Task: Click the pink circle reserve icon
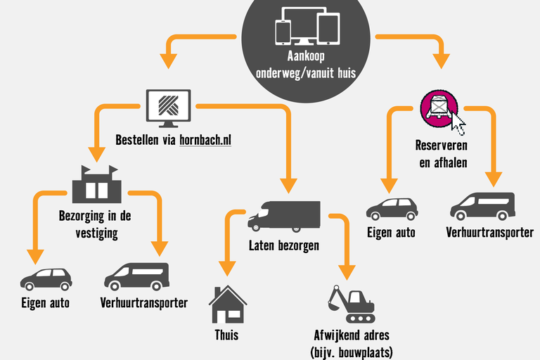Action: [438, 107]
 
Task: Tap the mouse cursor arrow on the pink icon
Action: [458, 124]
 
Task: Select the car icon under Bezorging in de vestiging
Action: [46, 278]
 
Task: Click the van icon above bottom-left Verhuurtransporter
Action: [137, 276]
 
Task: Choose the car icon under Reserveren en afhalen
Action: [392, 208]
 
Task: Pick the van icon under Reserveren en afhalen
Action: [482, 205]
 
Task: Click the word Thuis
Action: [226, 335]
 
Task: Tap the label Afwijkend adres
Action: [351, 335]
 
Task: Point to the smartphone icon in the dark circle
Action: [283, 32]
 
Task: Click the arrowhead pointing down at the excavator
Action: [345, 271]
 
